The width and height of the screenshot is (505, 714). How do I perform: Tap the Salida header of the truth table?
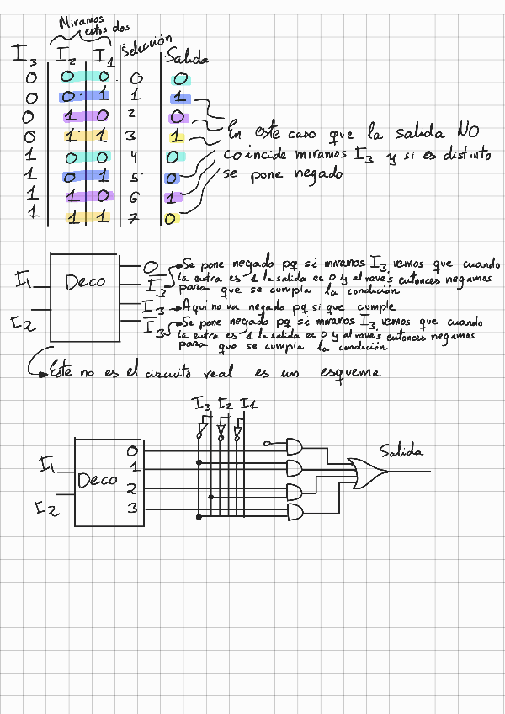click(187, 58)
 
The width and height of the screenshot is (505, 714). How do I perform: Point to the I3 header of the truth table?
click(24, 56)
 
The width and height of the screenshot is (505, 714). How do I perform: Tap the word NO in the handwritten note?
click(467, 132)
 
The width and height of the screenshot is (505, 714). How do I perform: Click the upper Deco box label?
click(86, 280)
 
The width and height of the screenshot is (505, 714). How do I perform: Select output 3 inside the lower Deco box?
click(131, 508)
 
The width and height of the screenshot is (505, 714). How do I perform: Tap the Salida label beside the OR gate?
click(401, 451)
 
